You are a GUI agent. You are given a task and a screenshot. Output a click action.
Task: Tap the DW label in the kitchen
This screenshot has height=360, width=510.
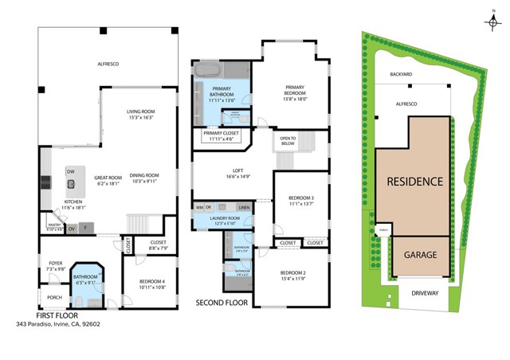(70, 172)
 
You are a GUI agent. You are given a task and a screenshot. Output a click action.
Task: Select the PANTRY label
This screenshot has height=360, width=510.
(54, 226)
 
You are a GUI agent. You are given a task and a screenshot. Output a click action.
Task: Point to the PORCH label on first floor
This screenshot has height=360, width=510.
(54, 298)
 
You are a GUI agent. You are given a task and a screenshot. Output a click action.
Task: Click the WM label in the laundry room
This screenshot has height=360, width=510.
(199, 208)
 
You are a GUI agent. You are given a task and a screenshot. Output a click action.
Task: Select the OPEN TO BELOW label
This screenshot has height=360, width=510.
(288, 142)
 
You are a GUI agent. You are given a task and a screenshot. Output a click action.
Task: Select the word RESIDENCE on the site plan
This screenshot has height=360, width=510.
(414, 182)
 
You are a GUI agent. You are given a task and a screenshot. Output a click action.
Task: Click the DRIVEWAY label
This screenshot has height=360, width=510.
(425, 293)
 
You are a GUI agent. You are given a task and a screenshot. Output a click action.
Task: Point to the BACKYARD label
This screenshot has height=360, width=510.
(401, 74)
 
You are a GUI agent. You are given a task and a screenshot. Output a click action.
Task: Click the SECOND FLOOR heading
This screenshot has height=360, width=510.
(222, 303)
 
